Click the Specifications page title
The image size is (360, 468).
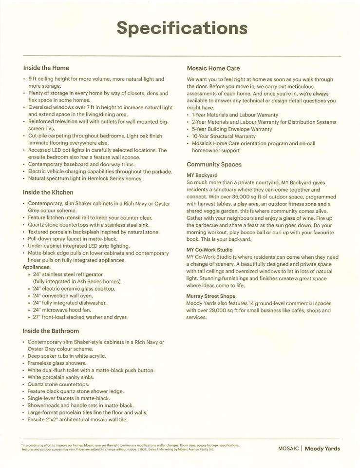(182, 28)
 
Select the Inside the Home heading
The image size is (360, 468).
(46, 68)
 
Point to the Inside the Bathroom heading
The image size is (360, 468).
(51, 331)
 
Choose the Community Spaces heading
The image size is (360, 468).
(214, 164)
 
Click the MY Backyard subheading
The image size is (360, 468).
(202, 175)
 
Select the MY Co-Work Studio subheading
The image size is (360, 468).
(209, 250)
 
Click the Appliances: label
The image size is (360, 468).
(38, 267)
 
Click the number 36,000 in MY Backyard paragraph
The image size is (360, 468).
(235, 197)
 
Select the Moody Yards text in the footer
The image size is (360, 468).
(322, 448)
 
